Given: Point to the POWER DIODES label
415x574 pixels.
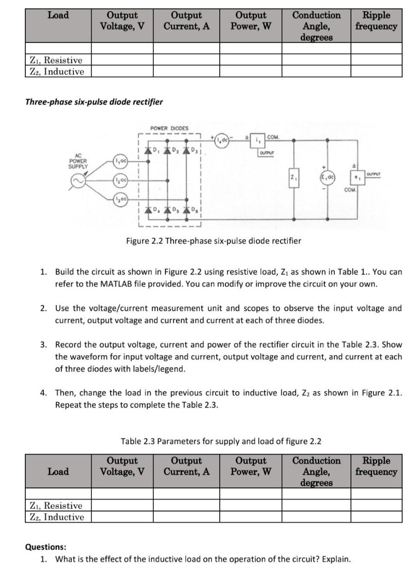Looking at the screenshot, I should pyautogui.click(x=169, y=128).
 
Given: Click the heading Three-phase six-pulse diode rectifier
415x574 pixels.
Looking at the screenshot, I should pyautogui.click(x=94, y=102).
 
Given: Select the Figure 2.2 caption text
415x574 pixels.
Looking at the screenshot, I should pyautogui.click(x=214, y=240).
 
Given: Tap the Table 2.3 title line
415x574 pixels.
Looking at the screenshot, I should pyautogui.click(x=221, y=441).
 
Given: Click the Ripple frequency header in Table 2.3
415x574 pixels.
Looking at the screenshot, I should pyautogui.click(x=376, y=466).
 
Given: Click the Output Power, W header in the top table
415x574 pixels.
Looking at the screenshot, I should pyautogui.click(x=251, y=21).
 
